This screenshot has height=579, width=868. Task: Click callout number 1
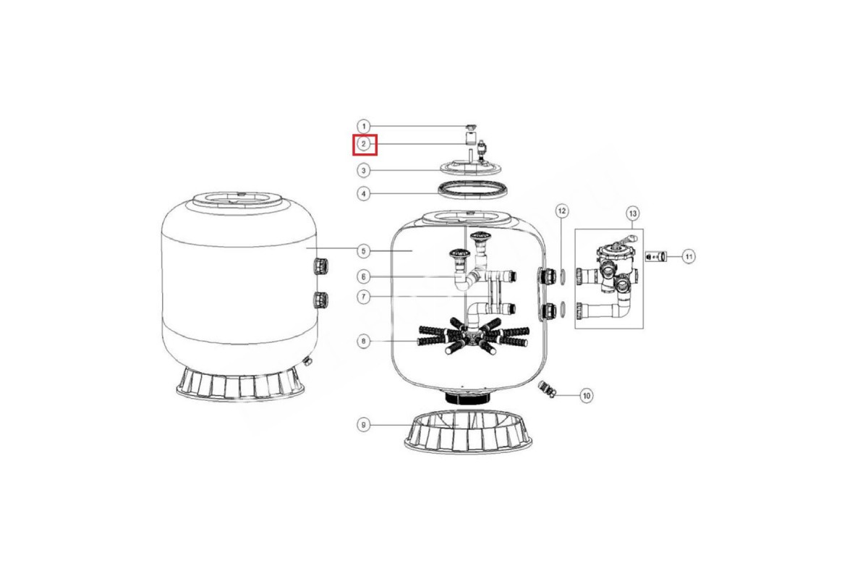363,126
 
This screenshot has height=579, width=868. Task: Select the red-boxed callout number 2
363,144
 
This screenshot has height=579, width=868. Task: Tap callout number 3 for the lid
363,170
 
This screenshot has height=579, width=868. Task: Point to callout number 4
363,193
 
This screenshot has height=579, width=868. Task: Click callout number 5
363,251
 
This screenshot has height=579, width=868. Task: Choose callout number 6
363,277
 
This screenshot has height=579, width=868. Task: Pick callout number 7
363,297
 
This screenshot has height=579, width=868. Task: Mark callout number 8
363,342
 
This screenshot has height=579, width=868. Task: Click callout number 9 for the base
363,425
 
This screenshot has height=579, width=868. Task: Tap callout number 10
587,396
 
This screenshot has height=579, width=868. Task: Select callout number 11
689,256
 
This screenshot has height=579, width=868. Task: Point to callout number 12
562,211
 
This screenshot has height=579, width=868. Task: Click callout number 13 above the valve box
632,214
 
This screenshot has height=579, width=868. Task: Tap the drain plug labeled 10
547,389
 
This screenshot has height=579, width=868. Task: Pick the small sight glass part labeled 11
656,256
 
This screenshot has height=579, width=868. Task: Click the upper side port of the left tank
321,266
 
